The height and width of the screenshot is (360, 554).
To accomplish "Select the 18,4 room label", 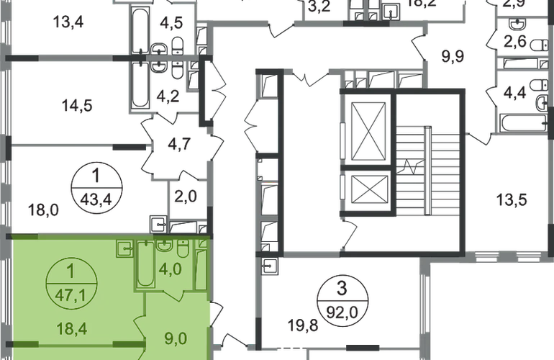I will tap(71, 328).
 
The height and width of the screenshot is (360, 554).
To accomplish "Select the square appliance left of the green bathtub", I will tap(124, 249).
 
